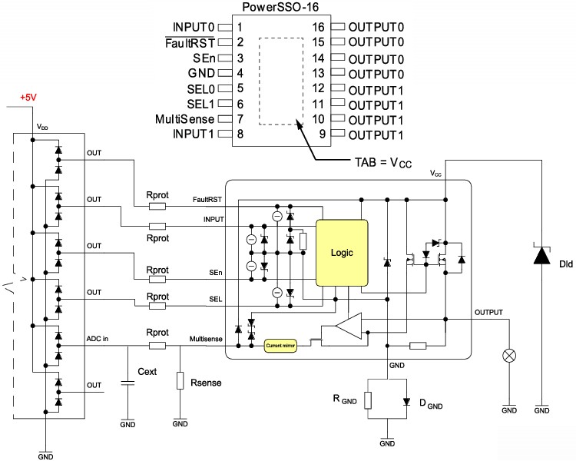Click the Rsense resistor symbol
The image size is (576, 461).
point(180,381)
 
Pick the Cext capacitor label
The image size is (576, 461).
point(147,371)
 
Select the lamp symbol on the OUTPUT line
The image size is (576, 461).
point(508,356)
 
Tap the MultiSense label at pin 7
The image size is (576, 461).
point(184,119)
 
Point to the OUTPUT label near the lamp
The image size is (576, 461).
point(488,313)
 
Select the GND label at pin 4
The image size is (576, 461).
point(202,73)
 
